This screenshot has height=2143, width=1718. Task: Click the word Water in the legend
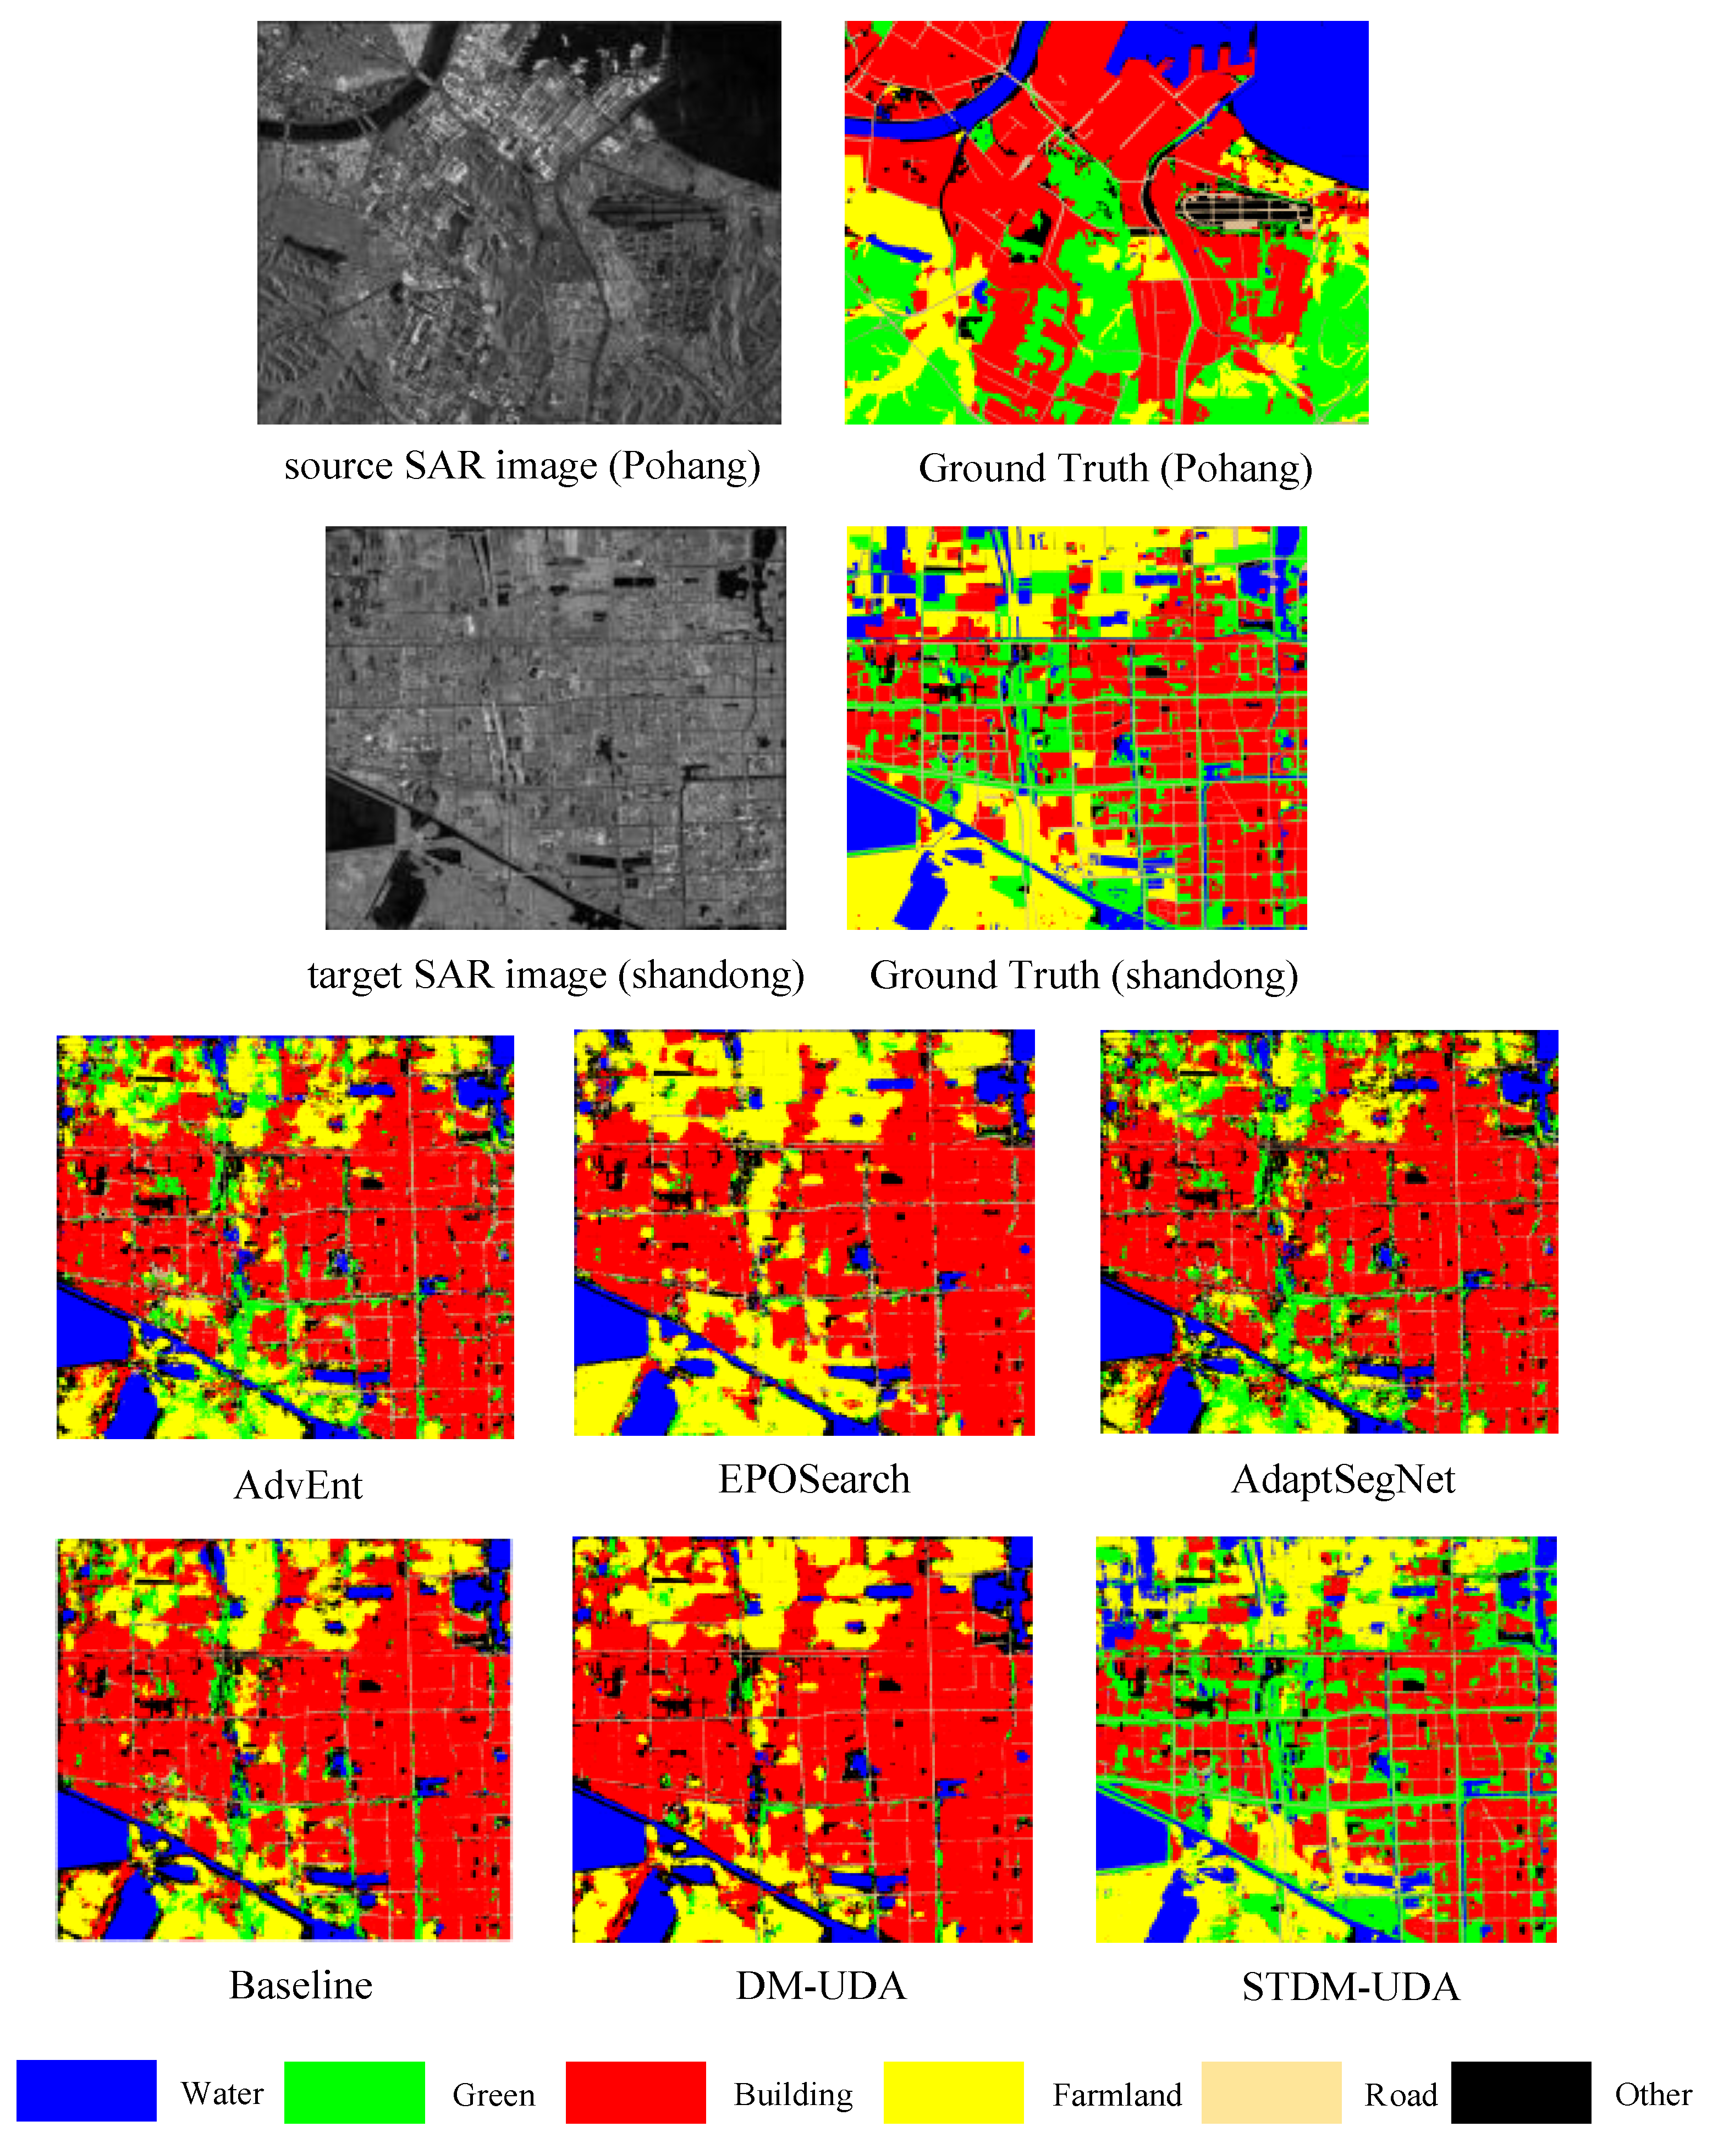coord(222,2094)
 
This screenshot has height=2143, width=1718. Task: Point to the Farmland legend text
coord(1116,2094)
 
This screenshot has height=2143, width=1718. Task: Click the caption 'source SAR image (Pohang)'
coord(522,465)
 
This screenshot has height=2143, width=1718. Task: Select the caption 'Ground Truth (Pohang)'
coord(1115,468)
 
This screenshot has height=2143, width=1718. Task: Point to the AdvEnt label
coord(298,1485)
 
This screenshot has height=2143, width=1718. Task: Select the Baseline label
coord(300,1985)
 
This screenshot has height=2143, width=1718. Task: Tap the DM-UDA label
coord(820,1986)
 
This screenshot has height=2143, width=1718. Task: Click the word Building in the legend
coord(794,2094)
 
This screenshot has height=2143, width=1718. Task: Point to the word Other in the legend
coord(1653,2094)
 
